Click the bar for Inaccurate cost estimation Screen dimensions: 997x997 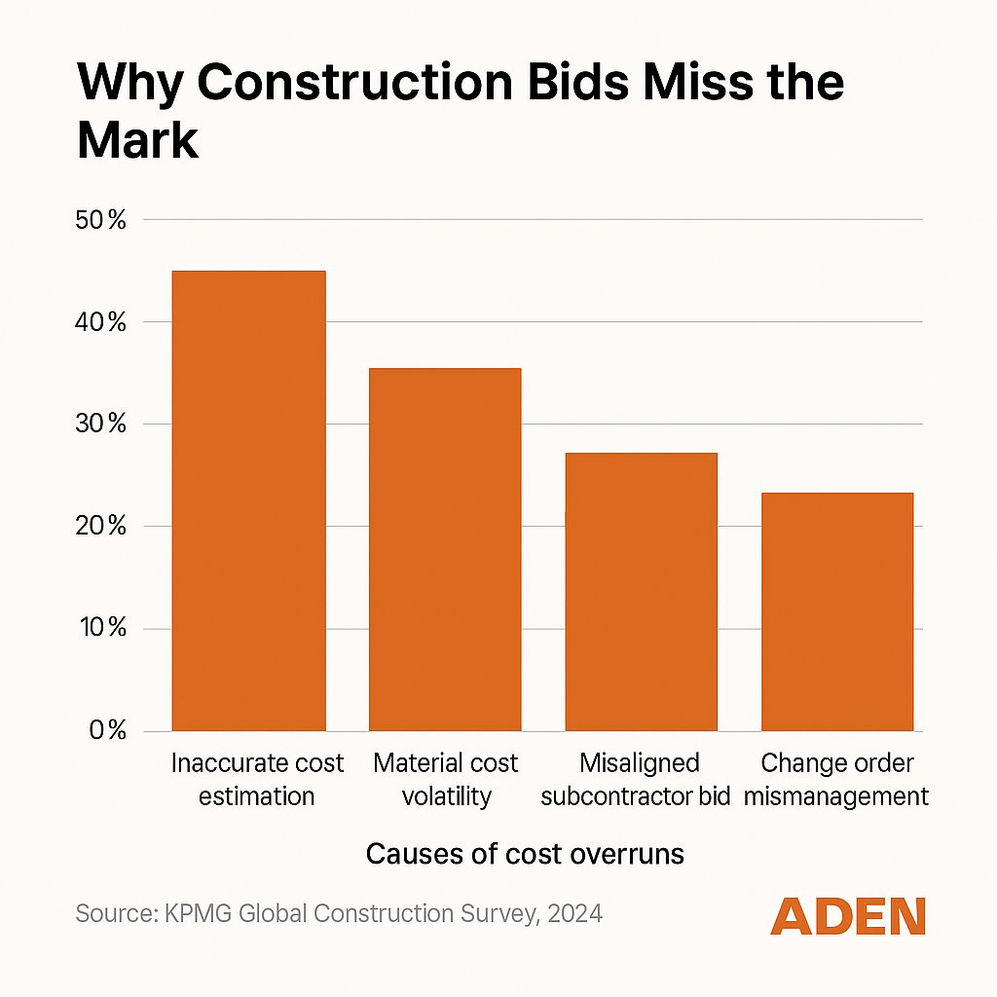point(248,500)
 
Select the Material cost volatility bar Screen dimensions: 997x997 point(445,549)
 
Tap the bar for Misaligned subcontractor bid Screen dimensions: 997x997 point(641,592)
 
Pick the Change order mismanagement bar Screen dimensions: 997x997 point(837,611)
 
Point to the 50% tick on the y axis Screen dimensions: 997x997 point(101,220)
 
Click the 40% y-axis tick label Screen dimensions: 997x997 point(101,322)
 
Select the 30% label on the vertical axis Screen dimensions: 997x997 point(101,425)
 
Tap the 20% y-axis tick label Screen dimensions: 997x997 point(101,527)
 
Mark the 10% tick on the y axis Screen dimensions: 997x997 point(101,629)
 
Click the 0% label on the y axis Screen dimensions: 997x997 point(106,731)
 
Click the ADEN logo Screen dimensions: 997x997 point(847,916)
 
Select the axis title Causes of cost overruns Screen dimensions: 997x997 point(525,854)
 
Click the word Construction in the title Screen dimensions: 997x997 point(352,84)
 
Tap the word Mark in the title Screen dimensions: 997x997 point(137,141)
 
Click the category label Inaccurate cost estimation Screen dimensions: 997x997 point(257,779)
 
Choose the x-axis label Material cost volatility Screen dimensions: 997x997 point(446,779)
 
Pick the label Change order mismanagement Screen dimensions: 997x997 point(844,779)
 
